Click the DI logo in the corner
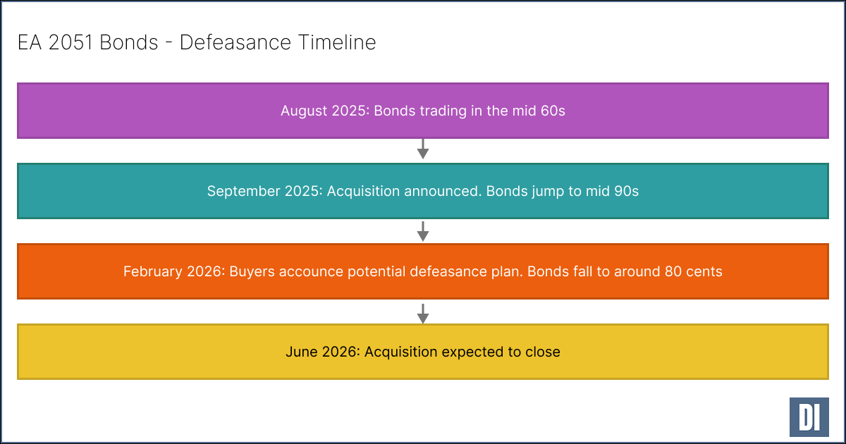(808, 417)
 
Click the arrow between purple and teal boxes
(423, 149)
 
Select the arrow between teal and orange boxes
(423, 230)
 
